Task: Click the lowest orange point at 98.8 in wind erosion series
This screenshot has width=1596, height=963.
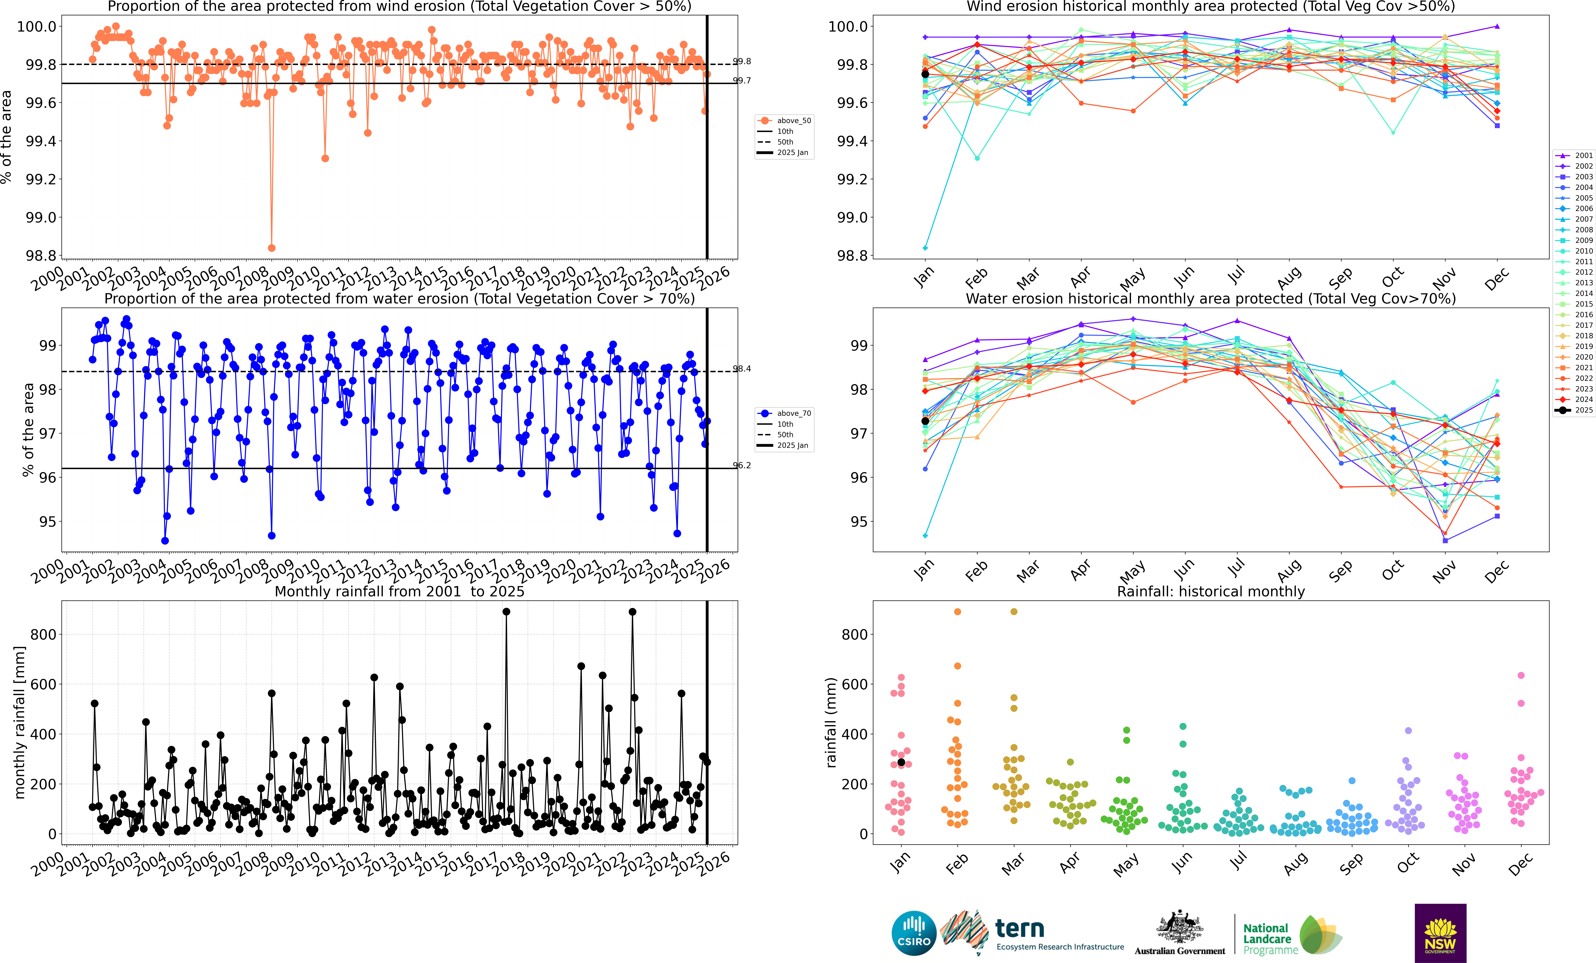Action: tap(271, 248)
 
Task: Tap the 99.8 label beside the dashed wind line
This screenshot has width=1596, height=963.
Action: tap(742, 61)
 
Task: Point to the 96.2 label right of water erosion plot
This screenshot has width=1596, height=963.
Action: tap(742, 465)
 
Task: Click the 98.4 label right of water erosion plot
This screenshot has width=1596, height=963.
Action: tap(742, 368)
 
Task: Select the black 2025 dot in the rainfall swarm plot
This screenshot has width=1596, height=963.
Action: tap(901, 762)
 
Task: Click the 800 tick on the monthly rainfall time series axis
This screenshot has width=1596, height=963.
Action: tap(43, 635)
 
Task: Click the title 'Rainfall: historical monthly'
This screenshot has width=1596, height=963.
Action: tap(1211, 591)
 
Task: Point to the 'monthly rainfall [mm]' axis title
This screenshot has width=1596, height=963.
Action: tap(19, 722)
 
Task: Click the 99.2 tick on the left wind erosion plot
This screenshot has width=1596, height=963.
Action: tap(40, 179)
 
